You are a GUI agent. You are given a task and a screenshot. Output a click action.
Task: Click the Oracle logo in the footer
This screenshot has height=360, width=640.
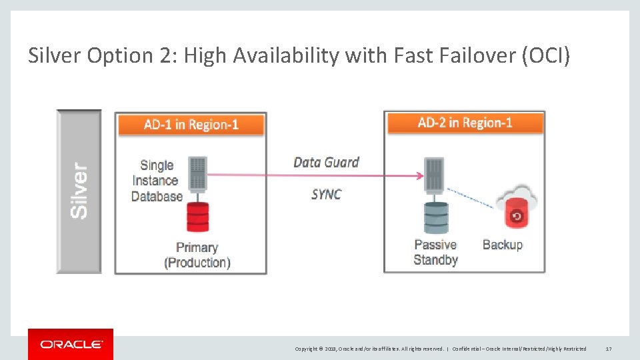71,344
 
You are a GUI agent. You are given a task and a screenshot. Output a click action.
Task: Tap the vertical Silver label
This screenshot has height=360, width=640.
79,191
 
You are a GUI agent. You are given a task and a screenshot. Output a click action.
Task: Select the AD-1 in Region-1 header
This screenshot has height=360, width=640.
191,125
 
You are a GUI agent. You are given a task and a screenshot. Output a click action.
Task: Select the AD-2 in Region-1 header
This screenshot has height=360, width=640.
465,123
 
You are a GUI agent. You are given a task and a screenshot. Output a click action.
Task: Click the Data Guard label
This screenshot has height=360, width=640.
326,162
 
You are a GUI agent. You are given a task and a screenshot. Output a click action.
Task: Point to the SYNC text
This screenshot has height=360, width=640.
326,194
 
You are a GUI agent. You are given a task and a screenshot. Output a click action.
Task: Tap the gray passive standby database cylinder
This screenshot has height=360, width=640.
436,217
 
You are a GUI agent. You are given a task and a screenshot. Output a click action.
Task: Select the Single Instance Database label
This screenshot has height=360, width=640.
157,181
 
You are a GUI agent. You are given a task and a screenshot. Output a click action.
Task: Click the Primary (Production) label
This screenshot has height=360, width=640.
197,255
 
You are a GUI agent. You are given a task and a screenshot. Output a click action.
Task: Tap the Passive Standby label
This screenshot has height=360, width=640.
435,252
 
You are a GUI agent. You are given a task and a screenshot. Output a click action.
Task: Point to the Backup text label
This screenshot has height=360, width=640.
503,245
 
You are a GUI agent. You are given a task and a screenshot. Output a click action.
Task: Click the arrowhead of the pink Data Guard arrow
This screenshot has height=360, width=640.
419,176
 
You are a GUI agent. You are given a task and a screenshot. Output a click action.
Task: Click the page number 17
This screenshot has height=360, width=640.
608,349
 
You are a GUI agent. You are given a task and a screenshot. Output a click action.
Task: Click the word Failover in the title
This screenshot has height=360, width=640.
471,56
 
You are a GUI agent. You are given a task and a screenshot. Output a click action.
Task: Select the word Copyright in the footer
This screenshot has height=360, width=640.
307,349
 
